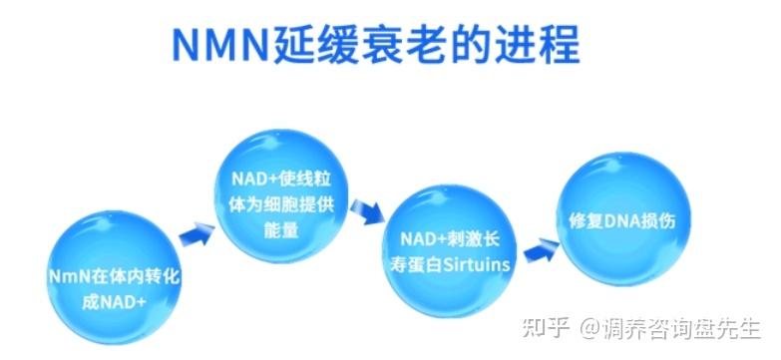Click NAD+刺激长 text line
point(449,240)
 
